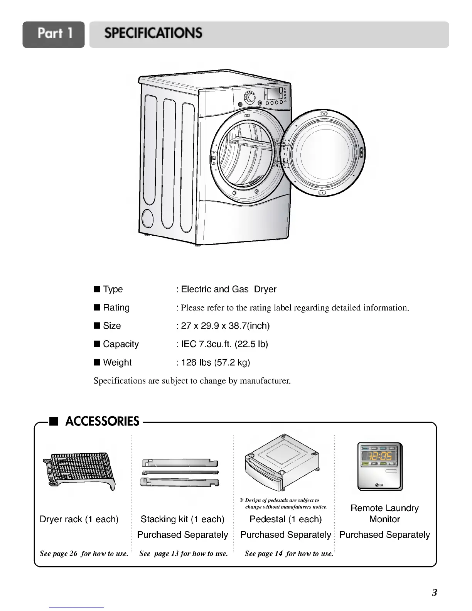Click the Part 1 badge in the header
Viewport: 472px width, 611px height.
click(x=54, y=34)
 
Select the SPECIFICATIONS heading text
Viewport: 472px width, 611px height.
click(x=153, y=34)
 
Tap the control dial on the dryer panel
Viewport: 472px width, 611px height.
click(x=250, y=98)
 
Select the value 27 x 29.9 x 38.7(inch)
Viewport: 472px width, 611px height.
click(x=225, y=326)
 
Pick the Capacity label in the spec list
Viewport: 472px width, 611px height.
click(x=121, y=344)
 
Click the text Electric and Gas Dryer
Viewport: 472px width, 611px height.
click(x=229, y=289)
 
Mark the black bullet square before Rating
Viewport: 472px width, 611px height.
click(x=97, y=308)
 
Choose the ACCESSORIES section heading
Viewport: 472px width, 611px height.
click(x=102, y=421)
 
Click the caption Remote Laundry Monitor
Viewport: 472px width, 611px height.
click(x=384, y=513)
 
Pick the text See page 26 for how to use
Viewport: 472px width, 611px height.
click(x=84, y=554)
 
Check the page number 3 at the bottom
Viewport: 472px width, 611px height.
click(x=434, y=592)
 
